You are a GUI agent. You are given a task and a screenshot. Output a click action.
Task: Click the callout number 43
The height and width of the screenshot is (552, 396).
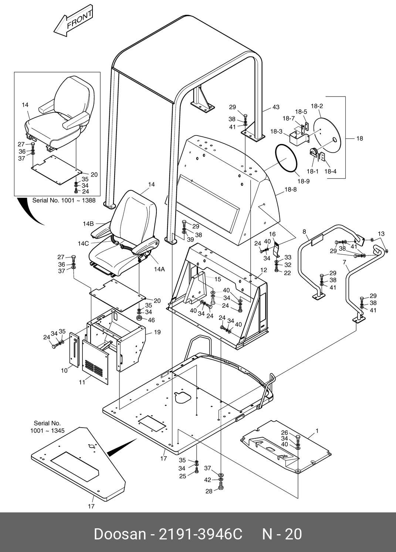(x=276, y=107)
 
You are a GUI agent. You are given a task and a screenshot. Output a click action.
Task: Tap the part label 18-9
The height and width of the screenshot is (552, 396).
(x=303, y=181)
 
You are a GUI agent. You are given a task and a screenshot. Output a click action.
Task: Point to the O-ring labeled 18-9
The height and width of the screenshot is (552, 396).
(x=286, y=158)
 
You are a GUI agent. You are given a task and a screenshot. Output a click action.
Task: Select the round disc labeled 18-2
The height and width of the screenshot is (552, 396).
(x=326, y=132)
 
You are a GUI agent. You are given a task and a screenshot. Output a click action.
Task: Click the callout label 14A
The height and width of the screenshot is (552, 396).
(x=159, y=270)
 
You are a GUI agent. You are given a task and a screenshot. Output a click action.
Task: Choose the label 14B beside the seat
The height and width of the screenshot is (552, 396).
(x=88, y=224)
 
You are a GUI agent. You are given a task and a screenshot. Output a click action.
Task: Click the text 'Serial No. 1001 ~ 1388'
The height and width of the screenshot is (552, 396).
(x=64, y=201)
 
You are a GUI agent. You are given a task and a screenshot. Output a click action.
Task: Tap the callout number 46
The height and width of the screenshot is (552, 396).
(x=151, y=320)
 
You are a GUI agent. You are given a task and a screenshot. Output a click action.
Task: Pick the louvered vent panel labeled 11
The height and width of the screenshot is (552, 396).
(x=95, y=362)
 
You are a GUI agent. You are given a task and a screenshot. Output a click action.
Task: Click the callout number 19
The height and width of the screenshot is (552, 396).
(x=157, y=332)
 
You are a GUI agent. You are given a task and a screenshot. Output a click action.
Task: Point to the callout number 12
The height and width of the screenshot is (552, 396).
(x=263, y=270)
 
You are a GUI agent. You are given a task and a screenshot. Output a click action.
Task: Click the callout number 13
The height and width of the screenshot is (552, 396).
(x=381, y=234)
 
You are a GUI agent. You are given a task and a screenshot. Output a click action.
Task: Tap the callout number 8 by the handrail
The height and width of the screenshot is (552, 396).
(x=304, y=232)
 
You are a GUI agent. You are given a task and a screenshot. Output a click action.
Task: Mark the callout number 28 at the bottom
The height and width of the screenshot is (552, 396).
(x=209, y=491)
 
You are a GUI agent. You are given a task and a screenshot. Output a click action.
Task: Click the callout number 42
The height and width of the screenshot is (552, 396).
(x=208, y=480)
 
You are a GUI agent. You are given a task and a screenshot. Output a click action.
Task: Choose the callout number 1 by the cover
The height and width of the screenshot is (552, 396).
(x=317, y=431)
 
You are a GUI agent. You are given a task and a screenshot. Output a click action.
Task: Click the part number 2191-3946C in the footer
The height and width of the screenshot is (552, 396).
(x=200, y=535)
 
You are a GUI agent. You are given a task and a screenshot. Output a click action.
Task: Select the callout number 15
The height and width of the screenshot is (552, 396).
(x=217, y=279)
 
